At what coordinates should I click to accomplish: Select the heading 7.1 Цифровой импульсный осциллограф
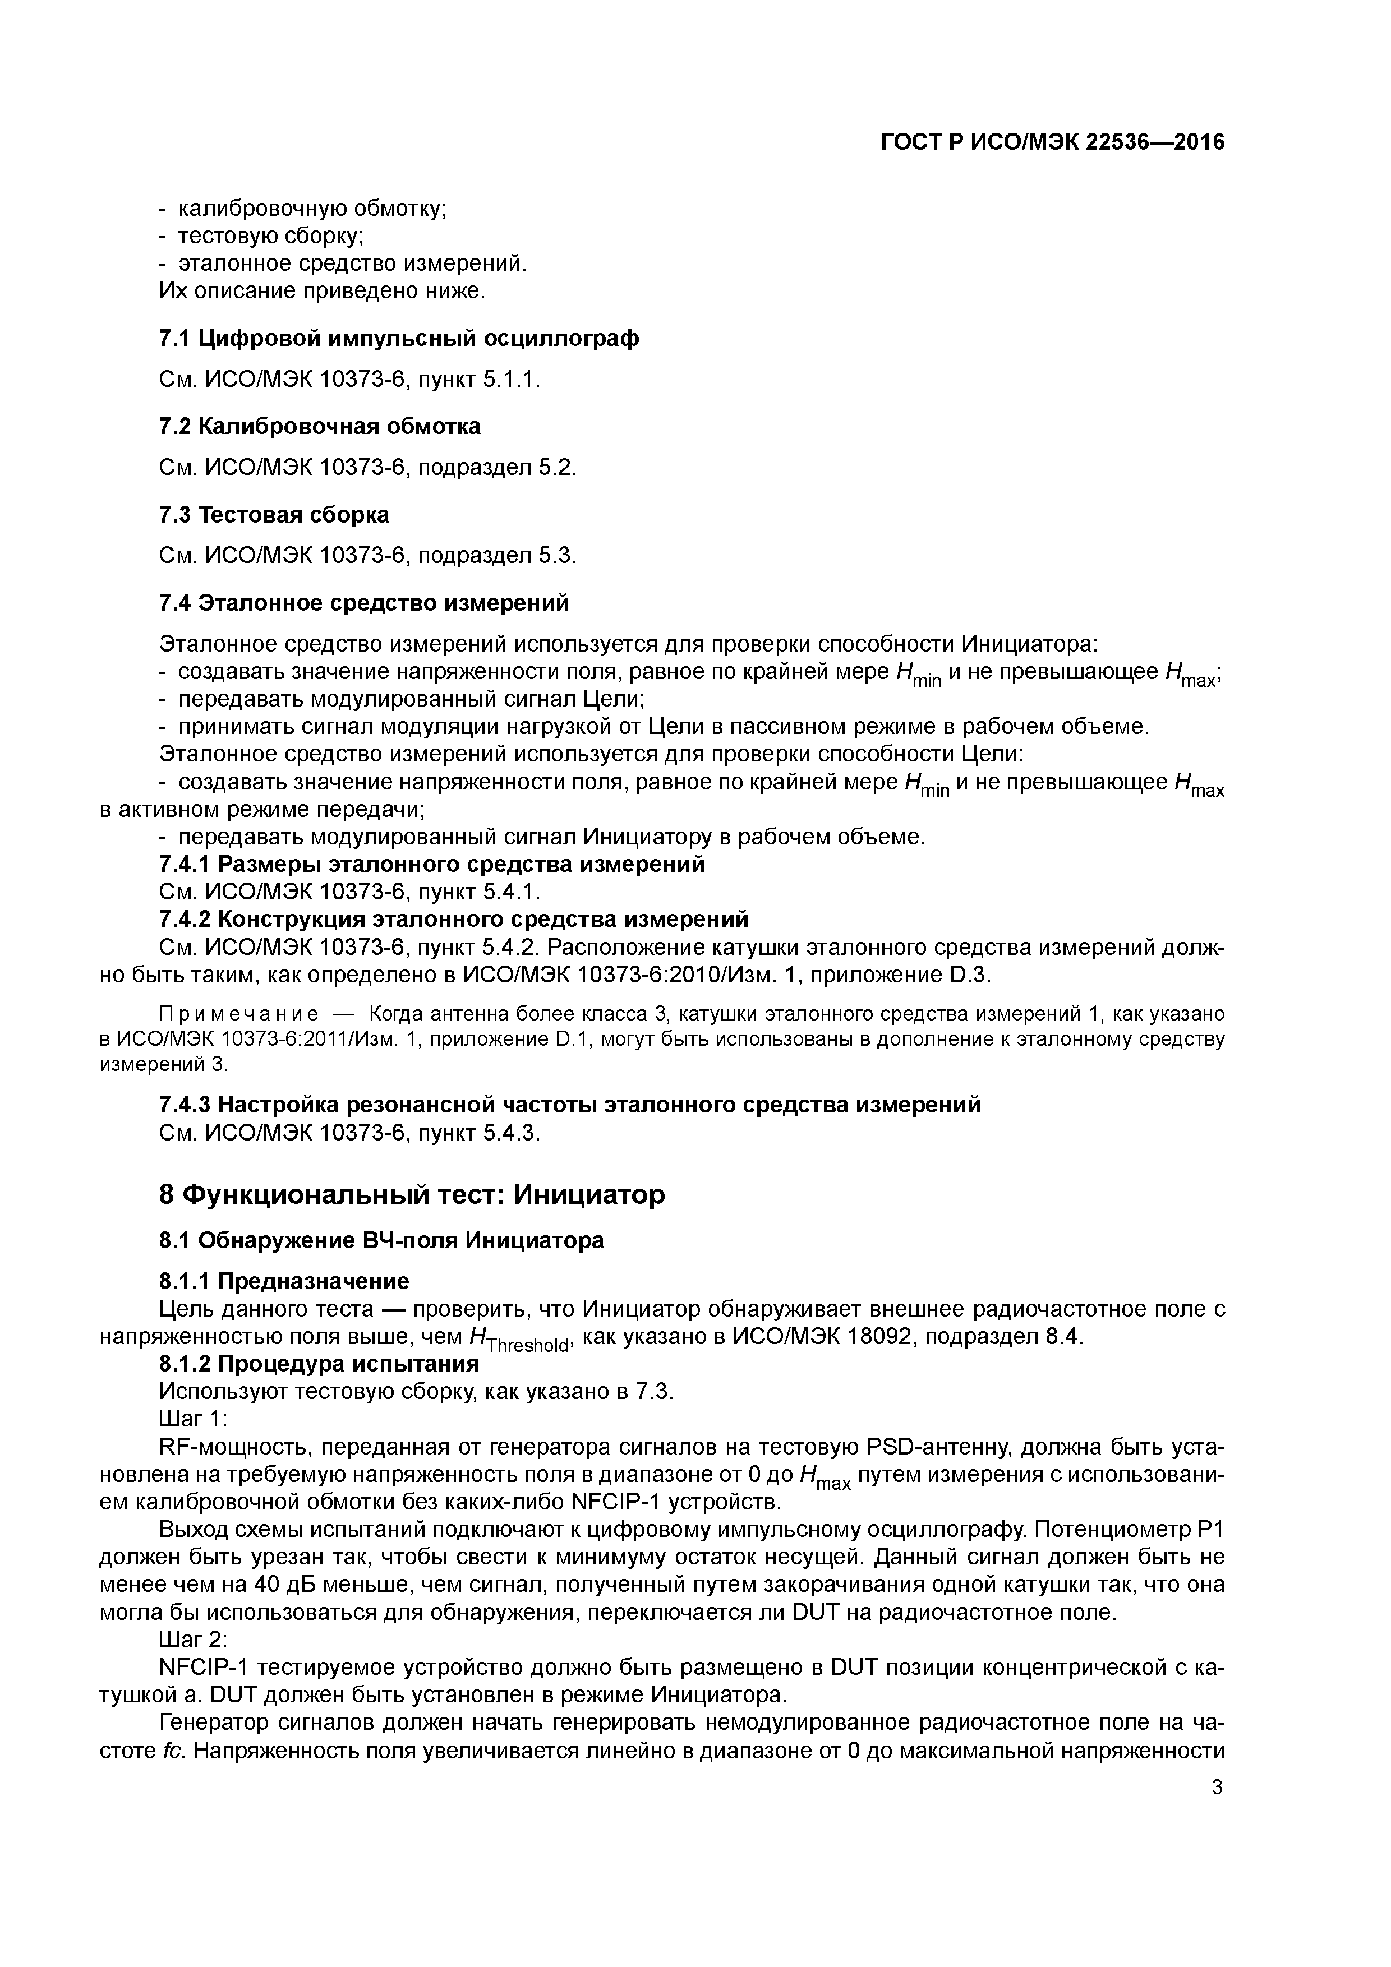tap(399, 339)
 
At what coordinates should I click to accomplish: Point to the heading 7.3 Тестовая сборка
tap(274, 515)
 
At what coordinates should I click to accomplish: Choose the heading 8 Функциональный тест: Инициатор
tap(411, 1194)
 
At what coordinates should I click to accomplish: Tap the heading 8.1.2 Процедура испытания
tap(319, 1363)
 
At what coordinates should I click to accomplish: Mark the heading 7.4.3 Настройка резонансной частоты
tap(570, 1105)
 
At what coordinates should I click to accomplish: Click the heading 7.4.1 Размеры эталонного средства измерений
tap(432, 865)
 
